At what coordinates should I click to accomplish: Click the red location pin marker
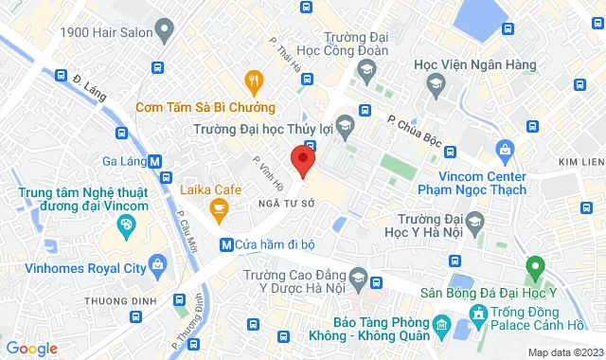302,159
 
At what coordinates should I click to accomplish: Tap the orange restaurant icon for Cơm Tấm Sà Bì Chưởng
253,81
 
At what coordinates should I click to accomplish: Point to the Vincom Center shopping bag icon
505,149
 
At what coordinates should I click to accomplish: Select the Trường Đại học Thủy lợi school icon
346,123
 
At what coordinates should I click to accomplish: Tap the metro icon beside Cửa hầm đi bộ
226,244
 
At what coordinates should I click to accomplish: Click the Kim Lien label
580,162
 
